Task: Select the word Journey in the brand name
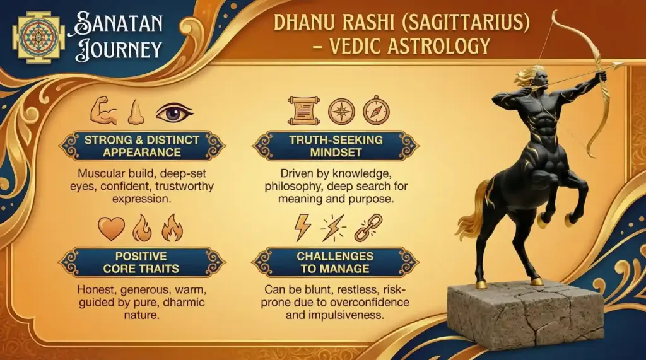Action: click(119, 50)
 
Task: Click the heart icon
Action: click(111, 228)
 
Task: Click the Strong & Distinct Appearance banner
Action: click(141, 146)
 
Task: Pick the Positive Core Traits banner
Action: click(141, 262)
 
